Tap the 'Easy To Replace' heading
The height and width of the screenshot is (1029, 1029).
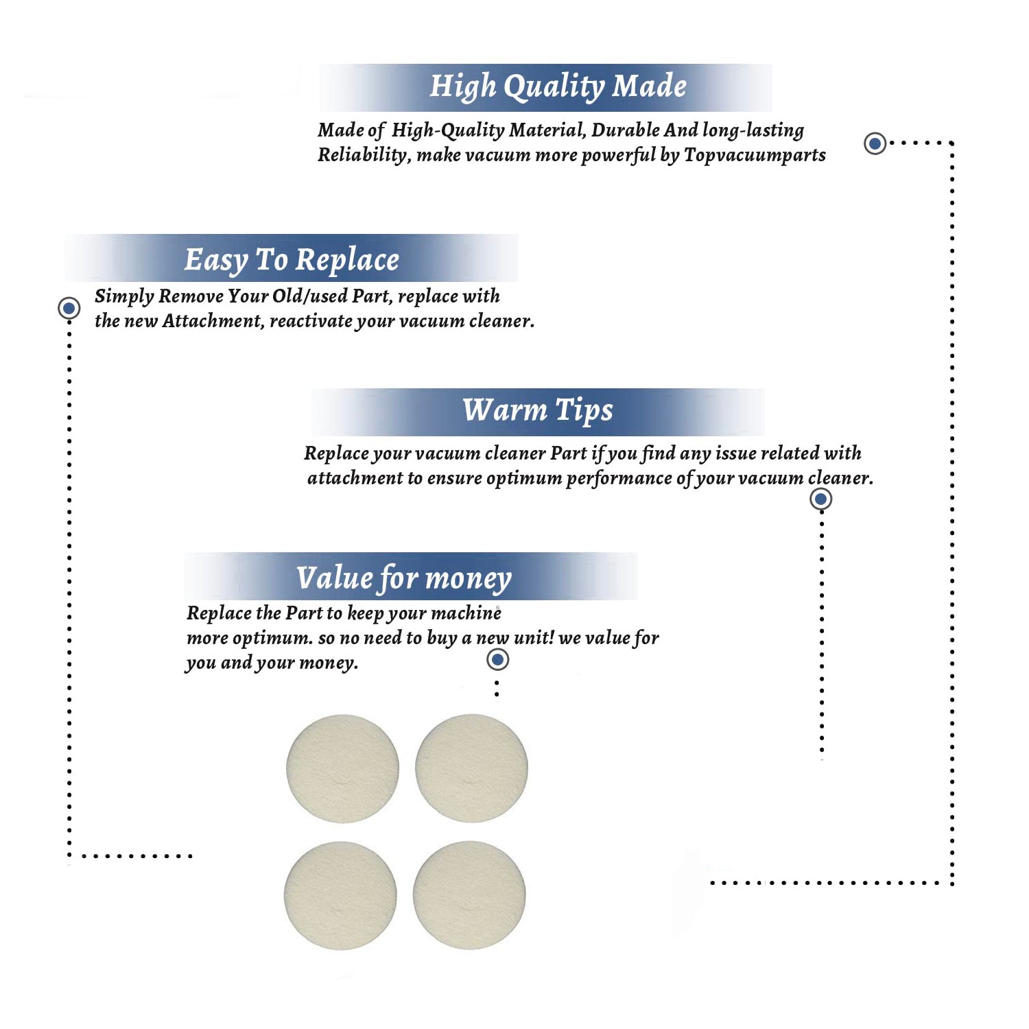click(292, 261)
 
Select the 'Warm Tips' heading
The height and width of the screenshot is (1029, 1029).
click(538, 411)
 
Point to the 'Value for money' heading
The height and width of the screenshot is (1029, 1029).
click(404, 578)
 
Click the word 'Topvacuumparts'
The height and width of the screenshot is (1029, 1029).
click(755, 156)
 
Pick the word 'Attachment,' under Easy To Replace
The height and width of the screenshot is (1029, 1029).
click(213, 321)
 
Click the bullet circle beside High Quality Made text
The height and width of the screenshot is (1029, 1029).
click(875, 143)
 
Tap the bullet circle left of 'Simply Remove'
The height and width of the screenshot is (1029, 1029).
click(69, 308)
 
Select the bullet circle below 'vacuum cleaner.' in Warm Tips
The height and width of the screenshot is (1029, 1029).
click(820, 499)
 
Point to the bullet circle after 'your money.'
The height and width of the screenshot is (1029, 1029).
click(497, 660)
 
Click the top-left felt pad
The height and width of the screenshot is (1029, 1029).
click(342, 768)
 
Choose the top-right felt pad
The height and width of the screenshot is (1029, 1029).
click(471, 768)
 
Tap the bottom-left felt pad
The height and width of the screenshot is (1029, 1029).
click(340, 895)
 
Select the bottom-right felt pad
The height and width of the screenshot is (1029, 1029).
click(469, 895)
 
